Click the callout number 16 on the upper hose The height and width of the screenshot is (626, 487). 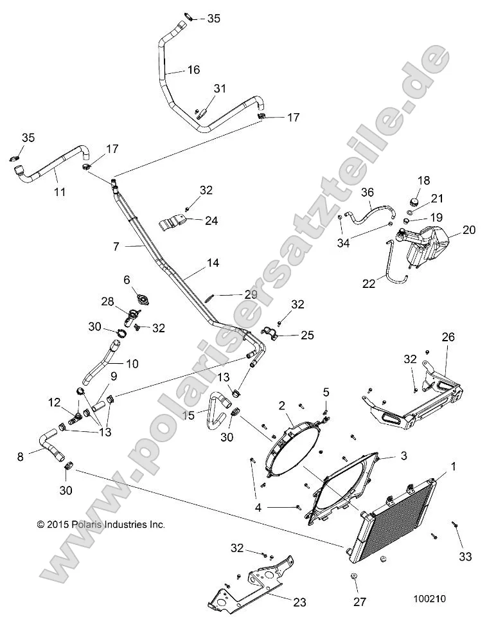pos(193,69)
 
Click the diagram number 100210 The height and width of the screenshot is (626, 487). pos(429,598)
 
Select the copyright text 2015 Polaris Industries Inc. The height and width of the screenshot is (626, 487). pos(101,524)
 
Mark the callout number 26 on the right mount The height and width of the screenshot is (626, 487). pos(448,337)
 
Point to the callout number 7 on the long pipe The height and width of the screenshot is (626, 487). pos(116,247)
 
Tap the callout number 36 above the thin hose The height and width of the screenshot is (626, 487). pos(367,192)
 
